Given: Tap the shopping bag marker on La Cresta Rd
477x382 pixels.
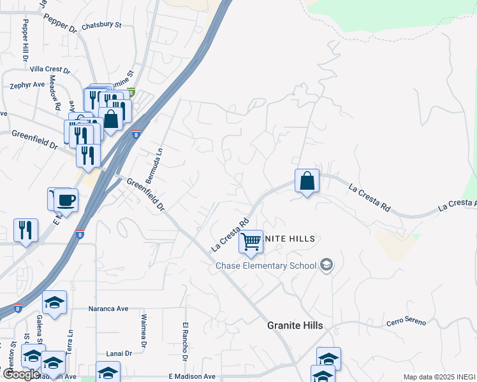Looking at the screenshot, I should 307,181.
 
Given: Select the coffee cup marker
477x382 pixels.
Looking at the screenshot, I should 65,201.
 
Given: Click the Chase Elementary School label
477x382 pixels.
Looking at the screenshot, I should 266,265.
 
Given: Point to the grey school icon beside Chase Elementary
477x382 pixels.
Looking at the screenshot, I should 327,265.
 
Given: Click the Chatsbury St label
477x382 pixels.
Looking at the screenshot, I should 101,25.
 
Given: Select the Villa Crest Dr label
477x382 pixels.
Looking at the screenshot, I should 49,69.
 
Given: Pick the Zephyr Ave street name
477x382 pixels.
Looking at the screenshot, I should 27,84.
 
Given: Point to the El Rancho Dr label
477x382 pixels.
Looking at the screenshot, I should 185,341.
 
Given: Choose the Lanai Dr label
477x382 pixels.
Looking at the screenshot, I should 119,353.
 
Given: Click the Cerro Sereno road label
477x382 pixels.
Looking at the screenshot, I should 406,322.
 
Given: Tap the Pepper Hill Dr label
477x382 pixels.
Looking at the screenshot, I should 26,39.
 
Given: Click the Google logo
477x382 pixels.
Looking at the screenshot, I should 22,374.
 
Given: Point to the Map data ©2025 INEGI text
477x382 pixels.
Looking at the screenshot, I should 439,377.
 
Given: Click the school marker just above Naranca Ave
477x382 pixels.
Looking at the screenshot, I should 54,302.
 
